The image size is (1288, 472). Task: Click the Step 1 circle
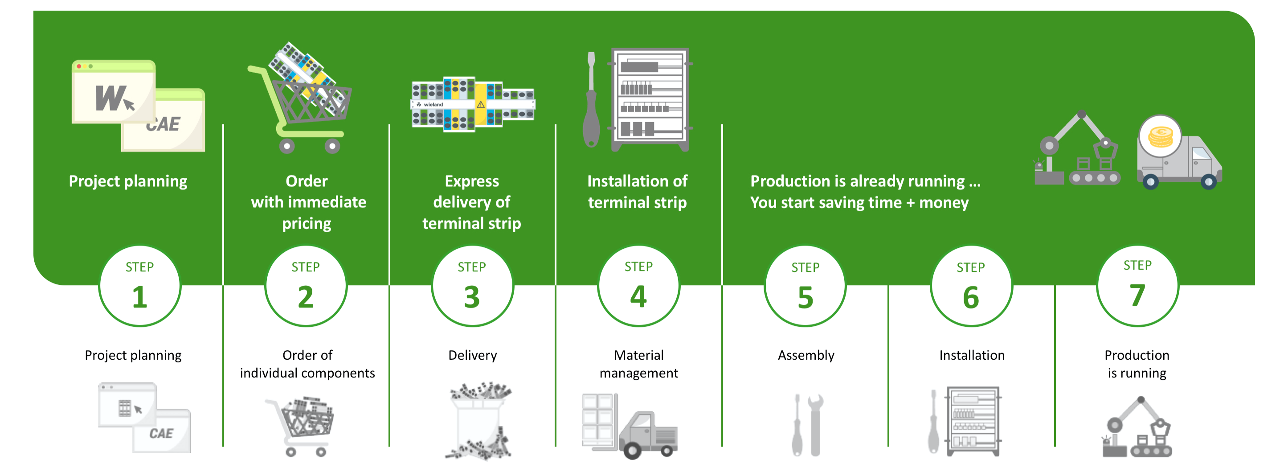click(139, 286)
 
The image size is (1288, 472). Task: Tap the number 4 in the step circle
click(638, 296)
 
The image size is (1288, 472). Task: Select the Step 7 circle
click(1137, 286)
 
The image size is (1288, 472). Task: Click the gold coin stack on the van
click(1160, 136)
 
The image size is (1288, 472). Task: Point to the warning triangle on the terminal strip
click(481, 104)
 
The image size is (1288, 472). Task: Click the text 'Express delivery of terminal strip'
click(471, 202)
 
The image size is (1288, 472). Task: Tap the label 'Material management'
click(638, 364)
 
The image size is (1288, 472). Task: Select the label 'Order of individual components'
click(307, 364)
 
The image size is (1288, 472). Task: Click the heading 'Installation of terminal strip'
click(637, 192)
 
